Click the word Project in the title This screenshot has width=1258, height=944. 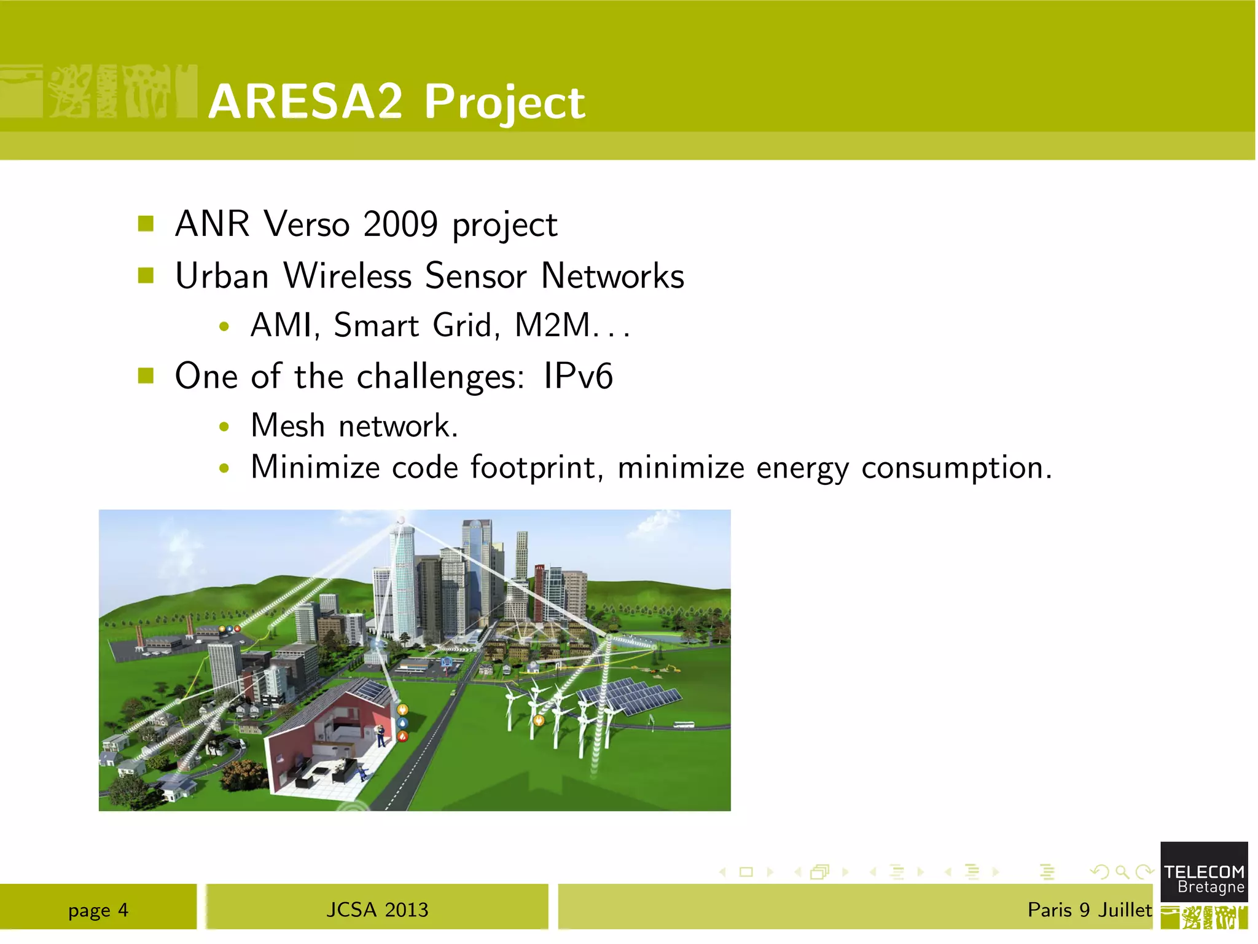tap(504, 103)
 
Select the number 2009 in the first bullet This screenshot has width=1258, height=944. tap(400, 224)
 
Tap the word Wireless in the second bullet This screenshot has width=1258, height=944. tap(347, 275)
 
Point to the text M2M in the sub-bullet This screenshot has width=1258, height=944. tap(552, 325)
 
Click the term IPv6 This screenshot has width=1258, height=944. tap(578, 376)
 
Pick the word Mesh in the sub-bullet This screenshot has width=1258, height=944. tap(287, 425)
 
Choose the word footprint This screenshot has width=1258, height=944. tap(533, 467)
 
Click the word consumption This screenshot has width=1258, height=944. tap(956, 468)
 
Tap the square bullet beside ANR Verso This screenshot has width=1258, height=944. tap(146, 224)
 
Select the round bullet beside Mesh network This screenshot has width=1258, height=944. tap(224, 427)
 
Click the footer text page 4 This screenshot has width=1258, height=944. tap(98, 910)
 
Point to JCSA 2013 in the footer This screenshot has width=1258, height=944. tap(377, 910)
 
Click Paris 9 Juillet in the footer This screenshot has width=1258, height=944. tap(1089, 910)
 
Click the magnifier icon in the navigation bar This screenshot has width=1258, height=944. tap(1122, 871)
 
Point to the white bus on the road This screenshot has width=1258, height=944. tap(683, 725)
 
